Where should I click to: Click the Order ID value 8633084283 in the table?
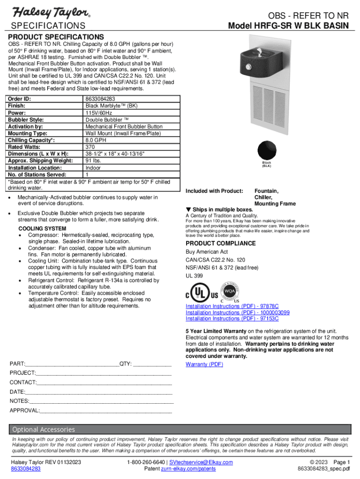tap(101, 99)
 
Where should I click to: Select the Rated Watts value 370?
tap(90, 147)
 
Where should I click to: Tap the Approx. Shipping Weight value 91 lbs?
tap(94, 160)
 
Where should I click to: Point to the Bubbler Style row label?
tap(26, 120)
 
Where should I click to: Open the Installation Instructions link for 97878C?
tap(232, 306)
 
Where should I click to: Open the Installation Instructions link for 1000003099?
tap(238, 312)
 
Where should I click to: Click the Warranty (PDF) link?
tap(204, 364)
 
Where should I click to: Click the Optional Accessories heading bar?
tap(43, 429)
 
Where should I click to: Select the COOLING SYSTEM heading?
tap(42, 228)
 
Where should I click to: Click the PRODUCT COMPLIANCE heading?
tap(221, 243)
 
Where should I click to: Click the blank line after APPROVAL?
tap(106, 411)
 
